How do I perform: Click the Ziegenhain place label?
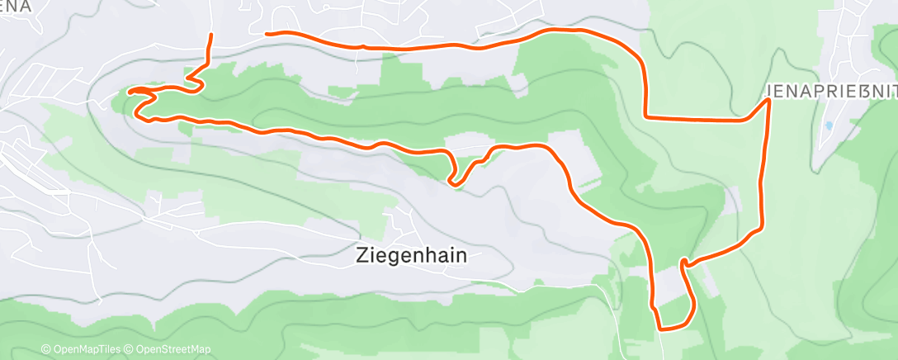point(411,256)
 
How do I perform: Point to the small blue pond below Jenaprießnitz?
point(828,126)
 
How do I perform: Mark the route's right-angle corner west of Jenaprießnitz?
point(645,117)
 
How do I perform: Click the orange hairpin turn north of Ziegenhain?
point(452,181)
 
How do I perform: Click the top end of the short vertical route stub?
point(211,35)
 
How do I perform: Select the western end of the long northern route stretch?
point(266,34)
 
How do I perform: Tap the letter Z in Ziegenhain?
point(362,256)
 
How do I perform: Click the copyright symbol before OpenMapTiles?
point(46,349)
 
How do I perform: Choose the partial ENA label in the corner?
point(16,6)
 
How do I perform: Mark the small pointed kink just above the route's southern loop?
point(683,263)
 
